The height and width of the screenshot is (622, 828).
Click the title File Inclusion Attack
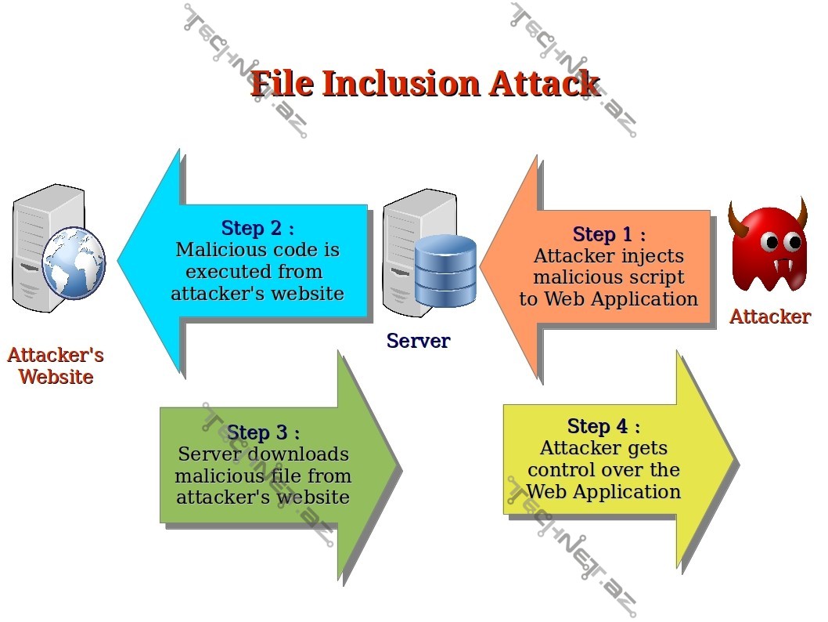tap(425, 84)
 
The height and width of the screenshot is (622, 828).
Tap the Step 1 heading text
tap(609, 234)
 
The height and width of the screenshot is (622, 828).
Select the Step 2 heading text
tap(257, 228)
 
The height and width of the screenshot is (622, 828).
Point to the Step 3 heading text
tap(263, 432)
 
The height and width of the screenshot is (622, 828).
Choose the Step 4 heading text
tap(603, 426)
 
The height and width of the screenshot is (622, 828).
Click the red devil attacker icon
tap(769, 249)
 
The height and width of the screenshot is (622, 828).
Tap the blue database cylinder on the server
tap(445, 270)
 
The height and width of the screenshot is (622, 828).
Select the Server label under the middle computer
tap(418, 341)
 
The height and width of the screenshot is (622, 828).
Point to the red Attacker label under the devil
tap(769, 316)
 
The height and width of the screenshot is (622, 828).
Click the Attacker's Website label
tap(56, 366)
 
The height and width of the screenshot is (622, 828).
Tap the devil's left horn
tap(738, 218)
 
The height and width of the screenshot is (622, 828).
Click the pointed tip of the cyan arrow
tap(120, 261)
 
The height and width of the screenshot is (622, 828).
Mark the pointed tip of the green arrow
tap(400, 469)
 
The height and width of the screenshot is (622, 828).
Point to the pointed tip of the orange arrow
tap(481, 266)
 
